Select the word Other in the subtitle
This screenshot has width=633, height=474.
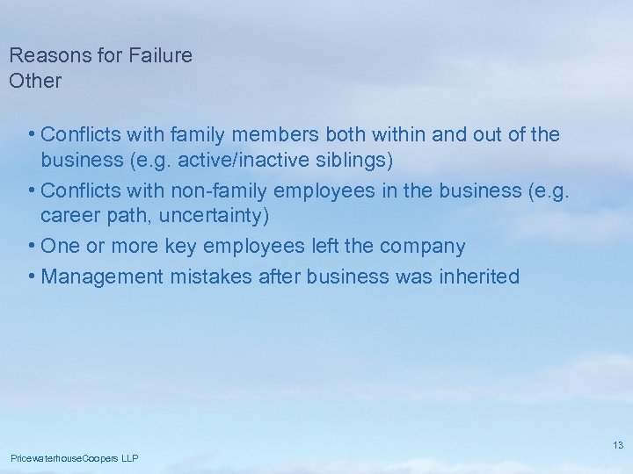(x=35, y=81)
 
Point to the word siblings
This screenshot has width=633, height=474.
(x=355, y=161)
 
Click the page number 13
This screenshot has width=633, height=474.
(x=618, y=445)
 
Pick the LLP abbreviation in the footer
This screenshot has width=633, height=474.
(x=129, y=458)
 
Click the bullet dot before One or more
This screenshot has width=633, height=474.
(x=32, y=247)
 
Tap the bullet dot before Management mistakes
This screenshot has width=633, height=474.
(x=32, y=276)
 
